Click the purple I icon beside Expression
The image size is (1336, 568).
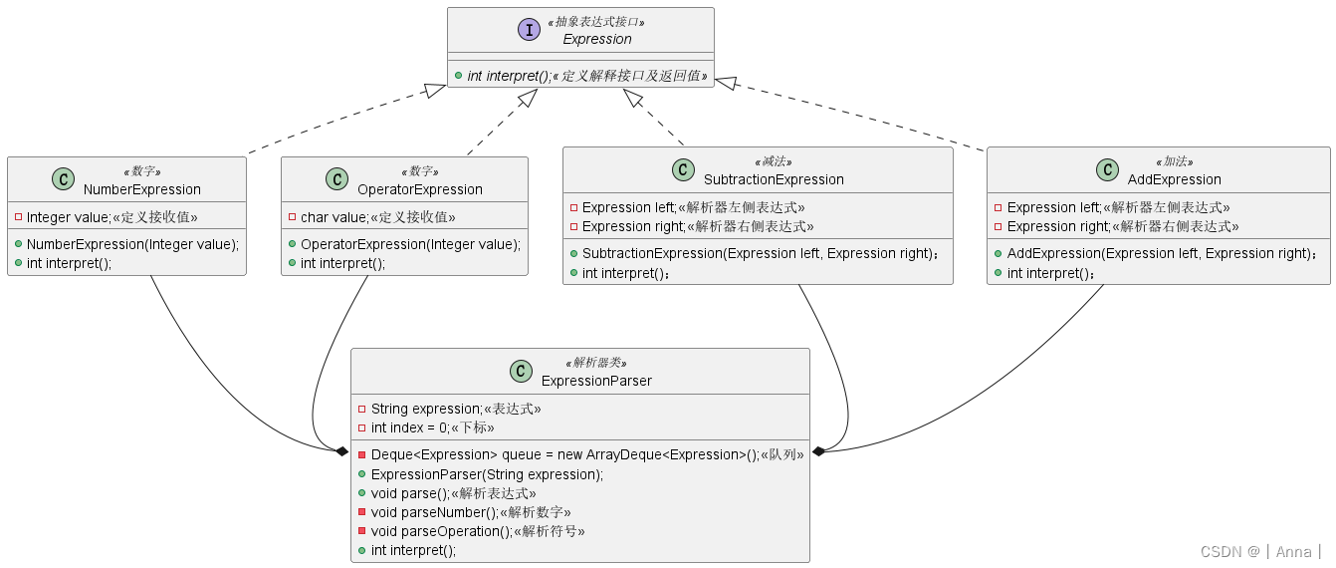pos(529,30)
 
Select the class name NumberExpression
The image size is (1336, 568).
pos(141,189)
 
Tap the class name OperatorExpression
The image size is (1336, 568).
pos(419,189)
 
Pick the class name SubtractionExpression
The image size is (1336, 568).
pos(773,179)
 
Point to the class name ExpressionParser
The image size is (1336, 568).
pos(596,381)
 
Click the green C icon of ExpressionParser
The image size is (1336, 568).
pos(521,372)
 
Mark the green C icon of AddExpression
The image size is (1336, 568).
pos(1106,170)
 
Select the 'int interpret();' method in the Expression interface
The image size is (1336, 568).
pos(509,76)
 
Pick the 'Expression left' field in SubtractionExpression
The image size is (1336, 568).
pos(629,207)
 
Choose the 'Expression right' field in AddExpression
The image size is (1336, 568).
pos(1057,226)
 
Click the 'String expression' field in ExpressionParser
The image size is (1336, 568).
pos(426,409)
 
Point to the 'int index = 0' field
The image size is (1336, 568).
pos(409,427)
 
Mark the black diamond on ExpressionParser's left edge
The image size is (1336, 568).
pos(342,451)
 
